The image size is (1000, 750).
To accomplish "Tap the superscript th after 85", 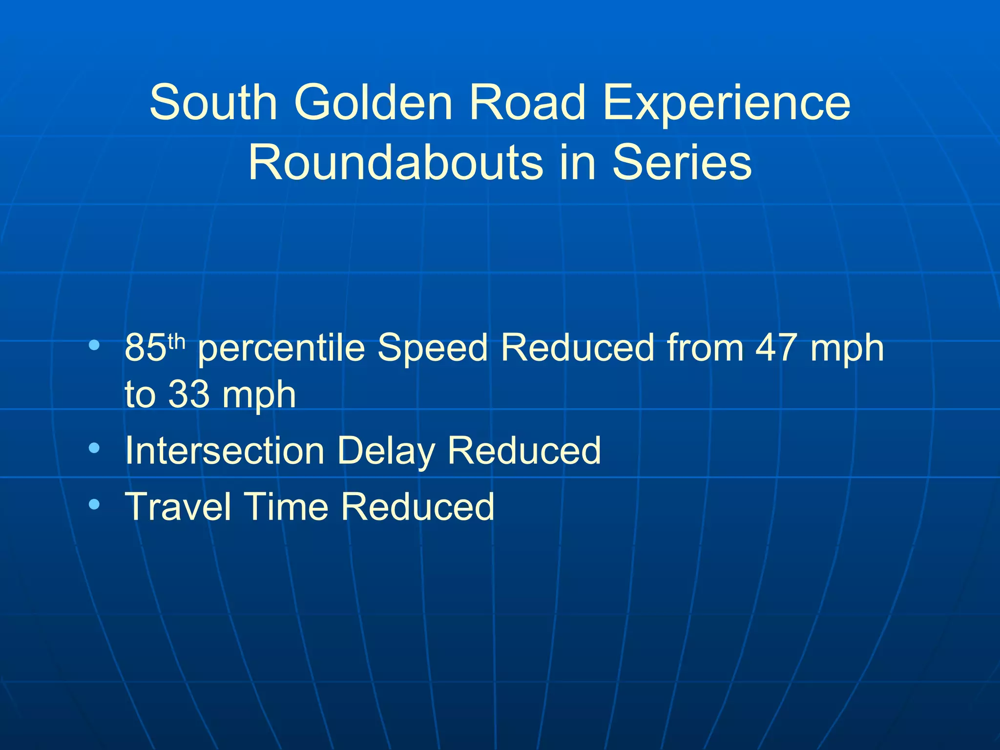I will tap(176, 340).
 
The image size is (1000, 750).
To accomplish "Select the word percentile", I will tap(282, 349).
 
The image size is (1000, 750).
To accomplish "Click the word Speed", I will tap(433, 349).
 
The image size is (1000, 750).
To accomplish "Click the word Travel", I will tap(178, 507).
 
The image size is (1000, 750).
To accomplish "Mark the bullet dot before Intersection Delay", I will tap(94, 447).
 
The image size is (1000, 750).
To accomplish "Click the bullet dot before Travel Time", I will tap(94, 503).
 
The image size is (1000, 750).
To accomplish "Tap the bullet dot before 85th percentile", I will tap(94, 345).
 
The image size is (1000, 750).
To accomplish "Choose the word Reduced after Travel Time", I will tap(417, 507).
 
